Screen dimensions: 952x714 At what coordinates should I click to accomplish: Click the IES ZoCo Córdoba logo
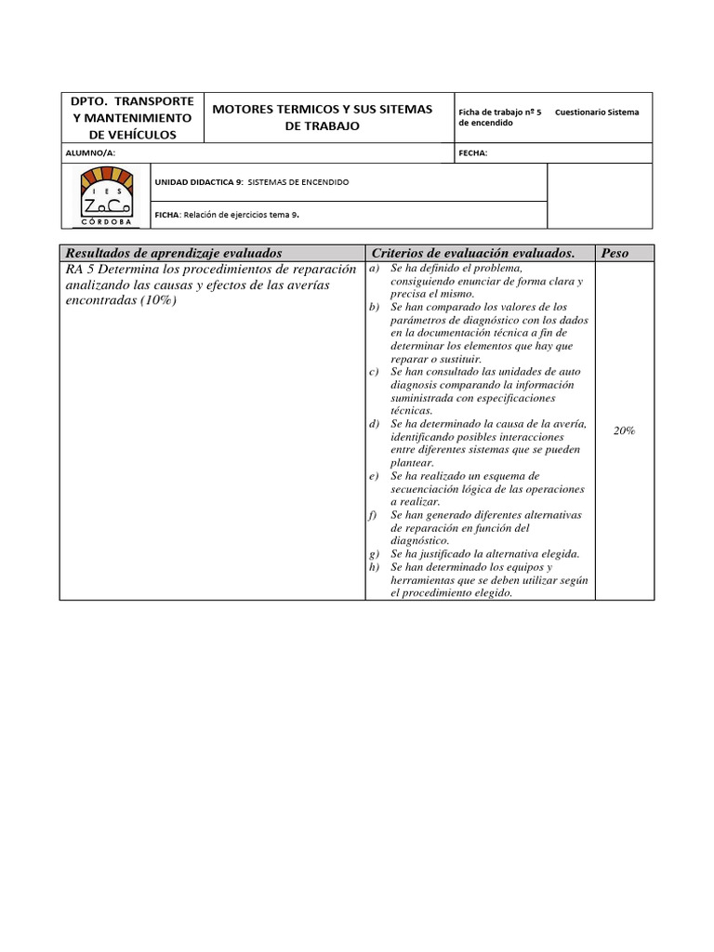[x=105, y=194]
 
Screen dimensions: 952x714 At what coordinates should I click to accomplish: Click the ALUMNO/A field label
[x=91, y=153]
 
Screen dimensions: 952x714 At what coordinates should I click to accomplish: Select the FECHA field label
[x=472, y=153]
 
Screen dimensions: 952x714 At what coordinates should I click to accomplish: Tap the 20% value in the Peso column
[x=624, y=430]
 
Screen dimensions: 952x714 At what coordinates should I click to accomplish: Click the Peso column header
[x=615, y=253]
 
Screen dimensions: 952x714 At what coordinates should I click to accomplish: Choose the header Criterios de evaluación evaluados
[x=473, y=253]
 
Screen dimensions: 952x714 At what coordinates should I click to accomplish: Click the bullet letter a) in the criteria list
[x=374, y=268]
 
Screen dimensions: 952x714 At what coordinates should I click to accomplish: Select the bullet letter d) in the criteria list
[x=374, y=424]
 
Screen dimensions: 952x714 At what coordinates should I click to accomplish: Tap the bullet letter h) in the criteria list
[x=374, y=567]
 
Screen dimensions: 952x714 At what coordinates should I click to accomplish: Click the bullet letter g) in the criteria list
[x=374, y=554]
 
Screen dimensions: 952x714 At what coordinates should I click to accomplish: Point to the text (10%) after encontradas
[x=157, y=301]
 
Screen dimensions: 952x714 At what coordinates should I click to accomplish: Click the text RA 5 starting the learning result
[x=81, y=269]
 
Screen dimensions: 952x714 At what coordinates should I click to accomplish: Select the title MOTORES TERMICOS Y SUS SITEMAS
[x=323, y=109]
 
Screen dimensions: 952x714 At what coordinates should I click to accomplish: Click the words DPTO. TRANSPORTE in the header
[x=132, y=100]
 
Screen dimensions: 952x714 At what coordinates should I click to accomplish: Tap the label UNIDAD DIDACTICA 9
[x=198, y=182]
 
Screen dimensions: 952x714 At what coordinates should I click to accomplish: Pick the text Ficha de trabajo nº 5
[x=500, y=112]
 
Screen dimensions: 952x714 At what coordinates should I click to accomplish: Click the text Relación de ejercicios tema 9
[x=242, y=214]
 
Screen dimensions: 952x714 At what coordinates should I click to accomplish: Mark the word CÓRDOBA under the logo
[x=105, y=222]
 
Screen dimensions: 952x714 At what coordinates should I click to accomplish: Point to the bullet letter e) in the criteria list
[x=374, y=476]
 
